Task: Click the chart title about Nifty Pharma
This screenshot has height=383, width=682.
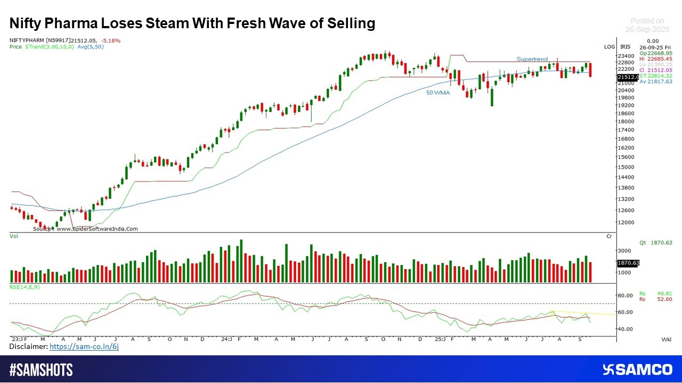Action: tap(192, 23)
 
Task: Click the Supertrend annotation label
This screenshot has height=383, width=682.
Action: tap(532, 59)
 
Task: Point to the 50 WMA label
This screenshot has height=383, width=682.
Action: tap(438, 93)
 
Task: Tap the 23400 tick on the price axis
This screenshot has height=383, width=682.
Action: tap(626, 56)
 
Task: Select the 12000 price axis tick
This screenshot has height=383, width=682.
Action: tap(626, 222)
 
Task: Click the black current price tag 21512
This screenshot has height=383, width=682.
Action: tap(628, 78)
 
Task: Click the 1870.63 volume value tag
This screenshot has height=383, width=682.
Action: tap(628, 263)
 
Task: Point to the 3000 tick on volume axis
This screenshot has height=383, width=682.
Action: tap(624, 251)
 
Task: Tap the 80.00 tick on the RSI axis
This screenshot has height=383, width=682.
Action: tap(624, 296)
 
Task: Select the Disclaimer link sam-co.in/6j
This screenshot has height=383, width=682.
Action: tap(84, 346)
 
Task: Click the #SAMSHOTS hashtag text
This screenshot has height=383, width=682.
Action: tap(41, 370)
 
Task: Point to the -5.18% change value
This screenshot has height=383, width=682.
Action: tap(111, 40)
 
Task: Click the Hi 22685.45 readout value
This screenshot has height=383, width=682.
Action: tap(656, 59)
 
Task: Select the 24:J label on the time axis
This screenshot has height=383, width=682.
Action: tap(226, 339)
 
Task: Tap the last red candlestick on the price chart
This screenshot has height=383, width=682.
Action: tap(590, 70)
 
